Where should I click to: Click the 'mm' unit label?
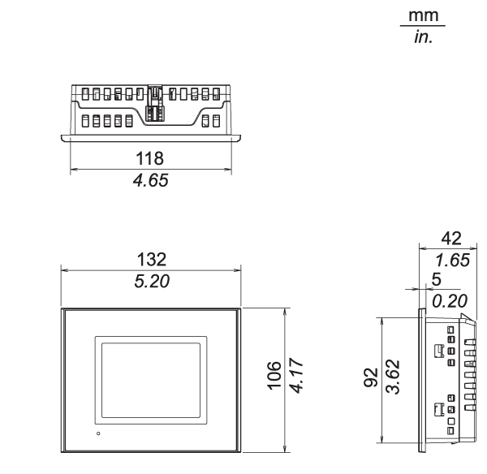[420, 17]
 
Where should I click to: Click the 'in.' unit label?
[420, 37]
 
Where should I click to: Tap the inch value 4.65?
[151, 180]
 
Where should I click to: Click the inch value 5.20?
[151, 281]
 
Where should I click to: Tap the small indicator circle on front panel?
[98, 435]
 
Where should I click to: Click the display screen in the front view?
[148, 378]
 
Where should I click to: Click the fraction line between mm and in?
[420, 28]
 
